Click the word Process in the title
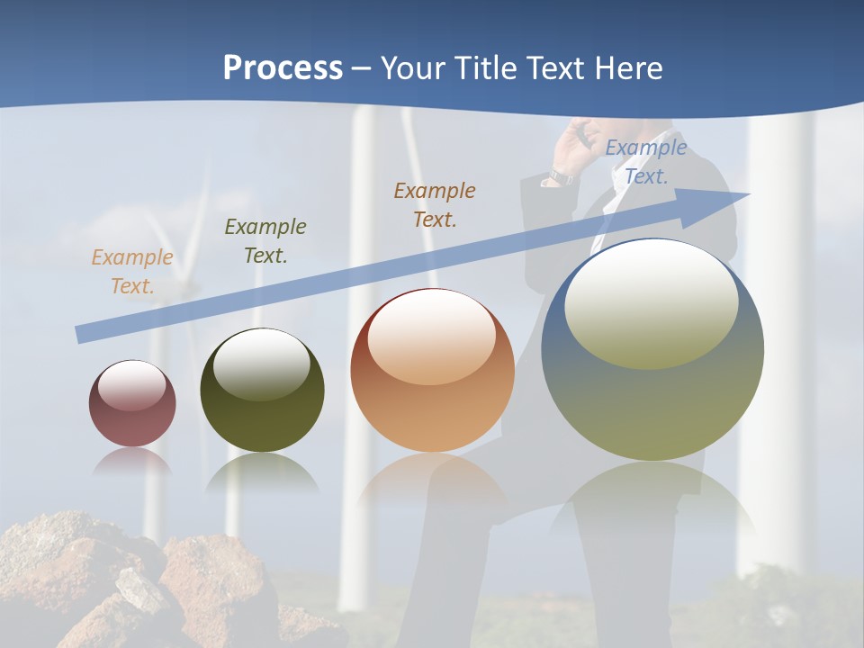coord(283,68)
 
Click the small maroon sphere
coord(132,403)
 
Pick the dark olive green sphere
coord(262,390)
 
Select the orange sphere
coord(432,371)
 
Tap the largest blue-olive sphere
coord(652,349)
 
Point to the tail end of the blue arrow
coord(80,335)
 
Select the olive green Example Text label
coord(265,240)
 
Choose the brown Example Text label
coord(435,204)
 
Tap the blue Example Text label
coord(646,162)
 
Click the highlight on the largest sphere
coord(651,306)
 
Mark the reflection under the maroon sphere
coord(132,461)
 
